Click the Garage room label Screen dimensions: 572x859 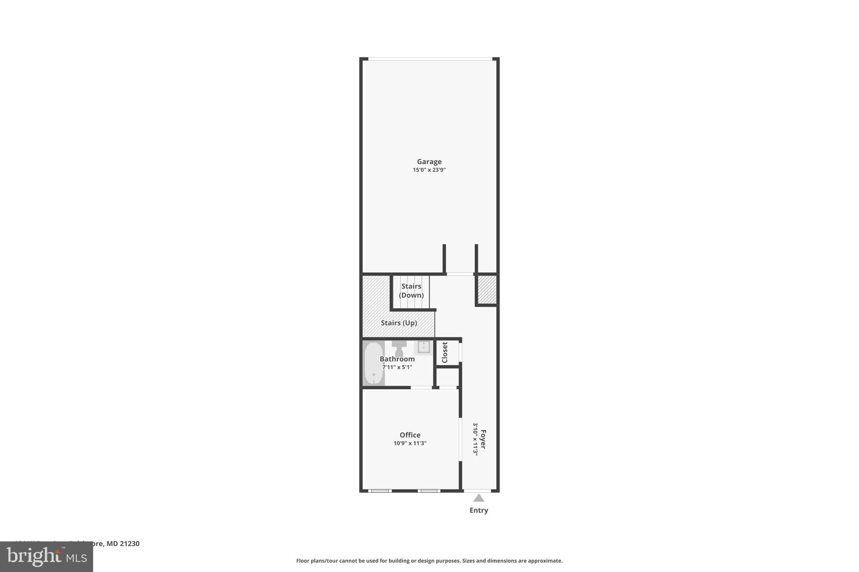[429, 162]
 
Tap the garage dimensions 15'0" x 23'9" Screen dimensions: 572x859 [429, 170]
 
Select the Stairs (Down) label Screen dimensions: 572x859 [411, 291]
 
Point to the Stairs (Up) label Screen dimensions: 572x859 [398, 323]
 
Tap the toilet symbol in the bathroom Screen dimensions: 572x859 [399, 348]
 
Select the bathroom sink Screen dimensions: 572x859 [424, 347]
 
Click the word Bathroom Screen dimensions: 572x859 [397, 359]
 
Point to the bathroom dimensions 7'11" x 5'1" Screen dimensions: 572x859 [397, 368]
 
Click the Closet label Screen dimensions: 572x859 [445, 352]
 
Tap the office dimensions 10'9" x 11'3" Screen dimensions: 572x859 [410, 443]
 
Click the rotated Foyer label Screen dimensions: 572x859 [483, 439]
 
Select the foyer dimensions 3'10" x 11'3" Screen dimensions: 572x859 [476, 439]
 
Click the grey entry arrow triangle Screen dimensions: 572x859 [479, 498]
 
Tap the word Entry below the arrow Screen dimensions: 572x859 [479, 510]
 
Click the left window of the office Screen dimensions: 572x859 [380, 491]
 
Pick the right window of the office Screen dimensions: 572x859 [429, 491]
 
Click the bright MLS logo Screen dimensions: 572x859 [47, 556]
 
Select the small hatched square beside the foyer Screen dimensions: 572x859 [487, 290]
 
